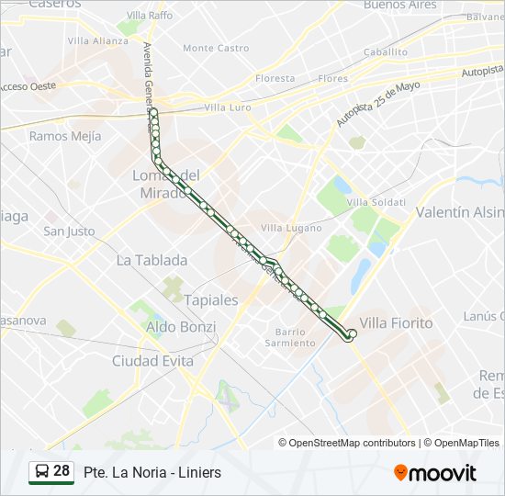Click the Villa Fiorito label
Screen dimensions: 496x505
[x=396, y=323]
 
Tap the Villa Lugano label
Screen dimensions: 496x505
[x=291, y=227]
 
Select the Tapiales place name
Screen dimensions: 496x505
[x=211, y=299]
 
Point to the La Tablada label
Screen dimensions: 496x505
[x=151, y=260]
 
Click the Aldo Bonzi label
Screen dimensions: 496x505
[x=181, y=327]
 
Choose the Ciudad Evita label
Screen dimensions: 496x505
[x=152, y=361]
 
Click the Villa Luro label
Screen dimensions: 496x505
[x=228, y=107]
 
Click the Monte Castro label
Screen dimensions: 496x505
[x=216, y=48]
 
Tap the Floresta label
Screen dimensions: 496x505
[x=275, y=79]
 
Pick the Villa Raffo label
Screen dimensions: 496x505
[x=149, y=16]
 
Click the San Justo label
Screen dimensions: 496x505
[x=69, y=231]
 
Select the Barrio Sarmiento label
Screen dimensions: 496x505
[x=289, y=337]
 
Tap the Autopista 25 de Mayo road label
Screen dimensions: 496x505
[x=378, y=103]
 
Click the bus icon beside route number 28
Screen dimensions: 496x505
[x=42, y=472]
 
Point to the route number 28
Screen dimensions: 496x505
[x=62, y=471]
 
